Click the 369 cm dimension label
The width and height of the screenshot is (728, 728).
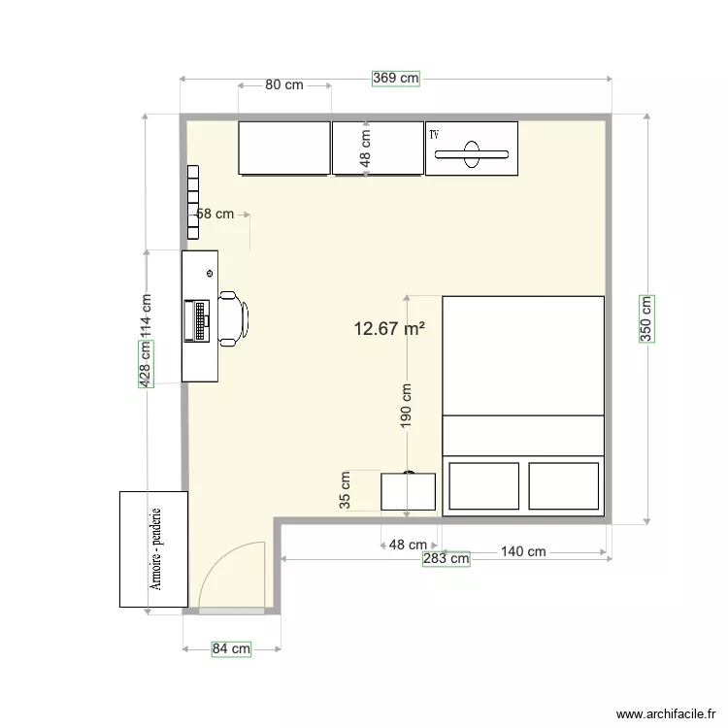point(395,79)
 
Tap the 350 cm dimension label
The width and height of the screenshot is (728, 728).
point(645,317)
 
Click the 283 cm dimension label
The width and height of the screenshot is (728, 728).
point(446,558)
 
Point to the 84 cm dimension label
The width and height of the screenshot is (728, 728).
point(231,648)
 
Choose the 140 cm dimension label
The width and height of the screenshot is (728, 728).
point(523,551)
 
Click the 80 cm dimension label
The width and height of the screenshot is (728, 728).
point(284,84)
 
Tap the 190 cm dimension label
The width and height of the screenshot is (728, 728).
point(406,404)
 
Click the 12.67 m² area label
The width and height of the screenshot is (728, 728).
point(389,329)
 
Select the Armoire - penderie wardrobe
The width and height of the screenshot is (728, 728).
point(152,549)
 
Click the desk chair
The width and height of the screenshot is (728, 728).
point(233,317)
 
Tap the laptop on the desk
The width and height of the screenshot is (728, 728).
point(198,321)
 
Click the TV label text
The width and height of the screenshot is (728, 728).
point(434,134)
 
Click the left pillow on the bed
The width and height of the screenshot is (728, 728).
point(484,485)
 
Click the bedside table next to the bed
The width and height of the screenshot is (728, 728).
point(408,491)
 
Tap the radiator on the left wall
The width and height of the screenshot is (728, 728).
point(192,202)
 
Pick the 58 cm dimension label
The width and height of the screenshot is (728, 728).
point(215,214)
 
